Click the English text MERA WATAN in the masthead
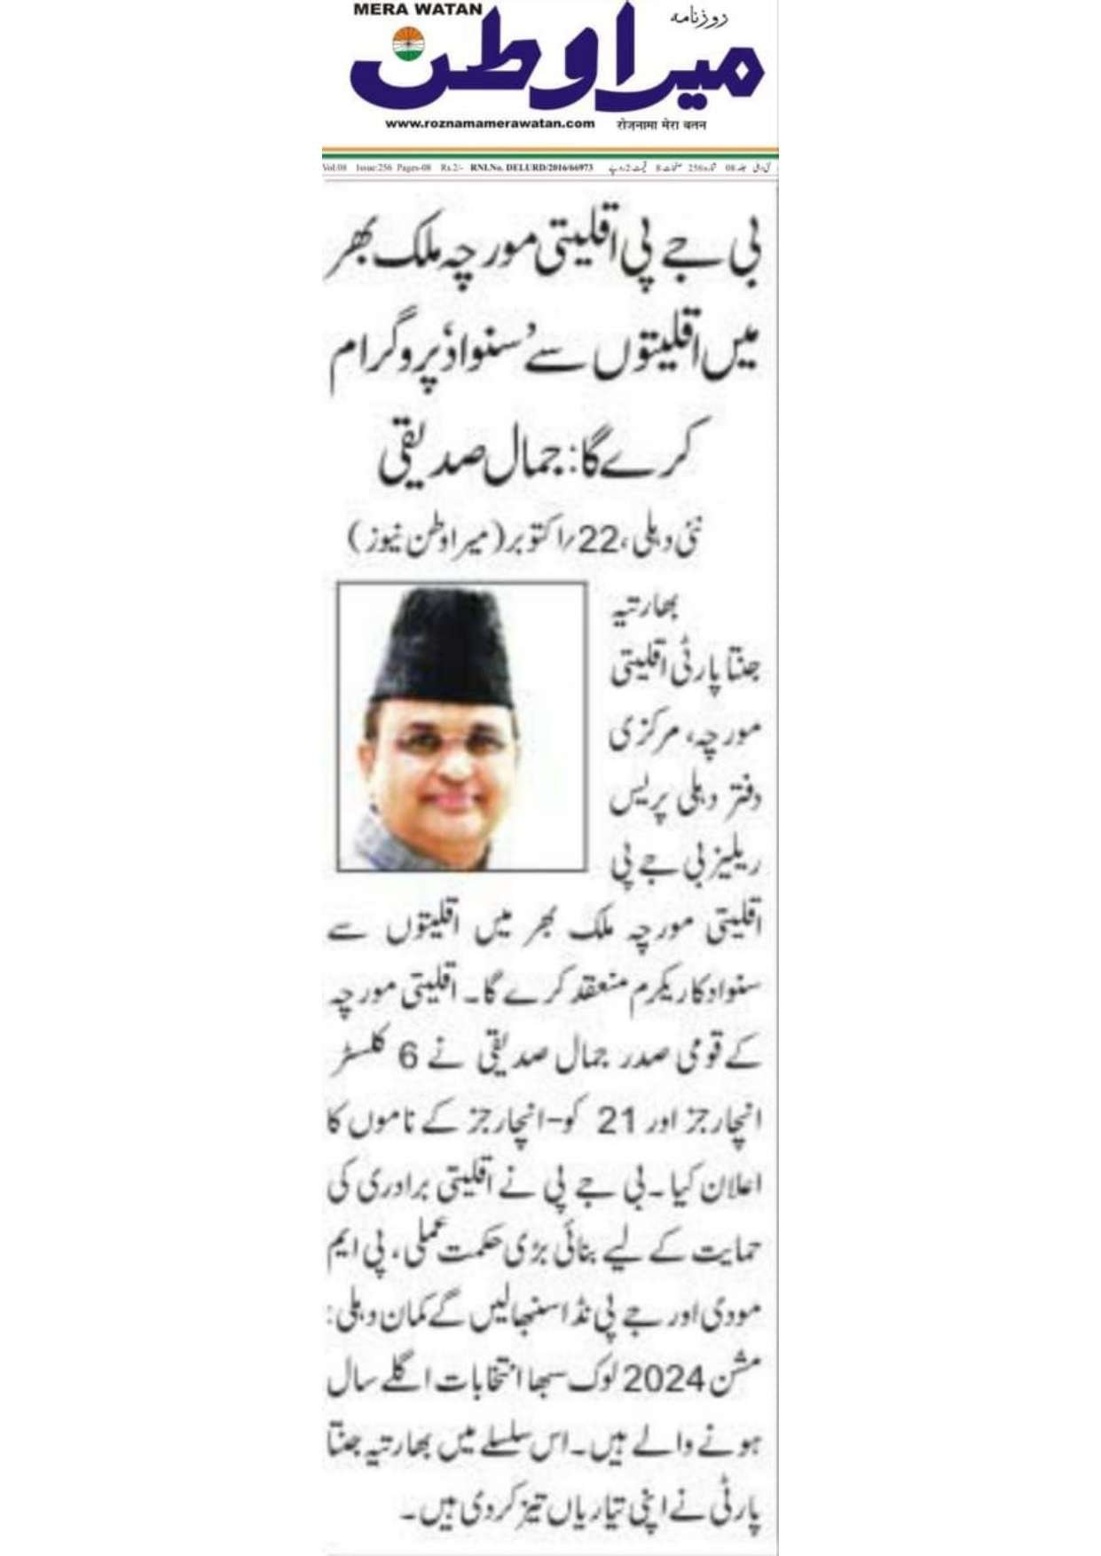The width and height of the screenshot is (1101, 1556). click(x=417, y=10)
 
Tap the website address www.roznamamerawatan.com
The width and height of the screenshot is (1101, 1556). click(x=490, y=123)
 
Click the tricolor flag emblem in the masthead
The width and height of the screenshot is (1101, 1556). click(x=409, y=45)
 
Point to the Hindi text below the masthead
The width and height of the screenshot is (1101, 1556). click(x=661, y=124)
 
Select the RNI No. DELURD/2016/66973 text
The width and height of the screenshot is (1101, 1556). click(x=531, y=167)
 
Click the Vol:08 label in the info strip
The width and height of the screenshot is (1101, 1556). click(x=334, y=167)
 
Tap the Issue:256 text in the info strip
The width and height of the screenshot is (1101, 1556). click(x=373, y=167)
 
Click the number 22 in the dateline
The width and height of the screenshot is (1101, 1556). click(x=595, y=540)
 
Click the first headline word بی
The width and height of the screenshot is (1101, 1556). click(x=742, y=257)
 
